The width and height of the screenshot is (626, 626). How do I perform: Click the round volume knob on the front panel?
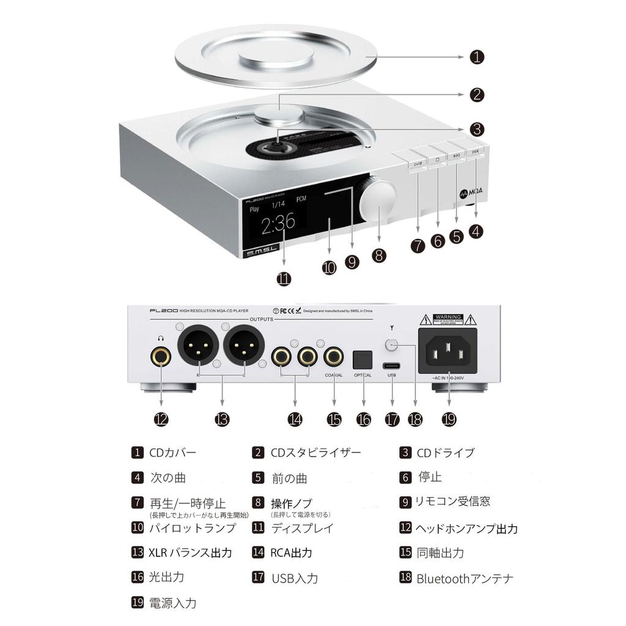(378, 199)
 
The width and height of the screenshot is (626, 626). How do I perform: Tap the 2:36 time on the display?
(278, 225)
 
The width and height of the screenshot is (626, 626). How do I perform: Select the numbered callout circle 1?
(477, 57)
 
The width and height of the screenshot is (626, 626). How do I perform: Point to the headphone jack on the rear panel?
(161, 355)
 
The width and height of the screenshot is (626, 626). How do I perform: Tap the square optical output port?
(363, 356)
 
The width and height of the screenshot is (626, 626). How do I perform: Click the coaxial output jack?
(334, 355)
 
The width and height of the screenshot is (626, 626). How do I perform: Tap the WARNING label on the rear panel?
(447, 319)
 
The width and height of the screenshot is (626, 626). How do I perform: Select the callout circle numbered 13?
(222, 419)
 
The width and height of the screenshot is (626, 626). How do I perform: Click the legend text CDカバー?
(173, 453)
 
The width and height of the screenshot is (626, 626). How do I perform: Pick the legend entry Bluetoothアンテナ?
(465, 578)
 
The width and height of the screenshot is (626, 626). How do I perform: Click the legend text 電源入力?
(173, 603)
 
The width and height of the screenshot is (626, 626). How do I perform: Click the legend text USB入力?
(295, 578)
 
